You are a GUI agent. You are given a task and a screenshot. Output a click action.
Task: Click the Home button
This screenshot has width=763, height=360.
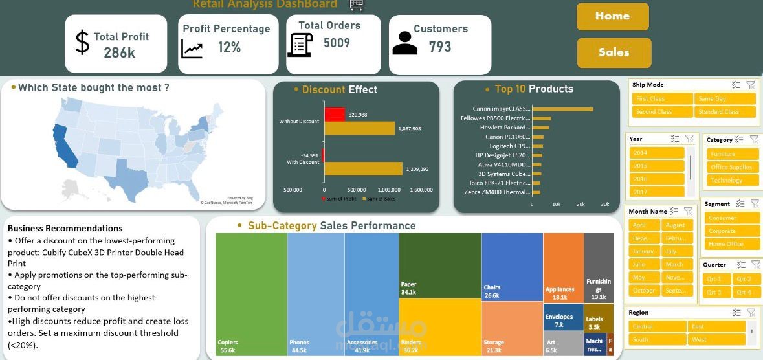(612, 16)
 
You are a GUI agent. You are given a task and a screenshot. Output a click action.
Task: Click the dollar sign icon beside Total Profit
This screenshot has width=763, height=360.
(82, 43)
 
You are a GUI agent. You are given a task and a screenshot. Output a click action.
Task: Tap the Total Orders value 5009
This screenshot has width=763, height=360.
(337, 43)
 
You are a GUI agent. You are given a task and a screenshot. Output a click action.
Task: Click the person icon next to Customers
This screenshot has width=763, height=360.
(405, 43)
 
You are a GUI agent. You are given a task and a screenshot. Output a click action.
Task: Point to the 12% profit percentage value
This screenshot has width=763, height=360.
(229, 47)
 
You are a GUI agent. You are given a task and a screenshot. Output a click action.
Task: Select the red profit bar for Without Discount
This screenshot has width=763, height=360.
(335, 115)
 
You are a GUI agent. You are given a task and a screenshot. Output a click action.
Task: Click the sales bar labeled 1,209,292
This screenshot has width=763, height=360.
(362, 169)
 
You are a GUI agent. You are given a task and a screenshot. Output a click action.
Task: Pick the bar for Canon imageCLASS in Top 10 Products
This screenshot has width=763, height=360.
(562, 109)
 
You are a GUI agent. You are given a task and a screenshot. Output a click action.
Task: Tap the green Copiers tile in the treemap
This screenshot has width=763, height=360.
(251, 291)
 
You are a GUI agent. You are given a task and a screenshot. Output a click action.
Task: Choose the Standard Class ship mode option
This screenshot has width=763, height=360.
(725, 112)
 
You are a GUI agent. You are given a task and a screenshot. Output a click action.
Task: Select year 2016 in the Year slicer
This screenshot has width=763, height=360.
(656, 179)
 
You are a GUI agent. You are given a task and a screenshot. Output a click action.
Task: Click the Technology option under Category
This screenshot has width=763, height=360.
(731, 181)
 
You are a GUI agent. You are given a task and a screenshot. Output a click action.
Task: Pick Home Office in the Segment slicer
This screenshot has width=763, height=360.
(731, 244)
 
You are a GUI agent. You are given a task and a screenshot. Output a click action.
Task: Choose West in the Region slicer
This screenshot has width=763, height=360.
(716, 339)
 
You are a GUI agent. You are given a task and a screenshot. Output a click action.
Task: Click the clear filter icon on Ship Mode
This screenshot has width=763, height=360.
(751, 85)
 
